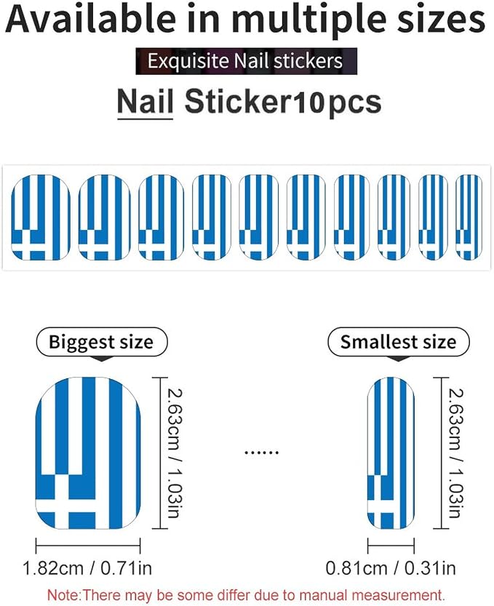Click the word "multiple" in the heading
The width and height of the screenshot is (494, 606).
pos(308,20)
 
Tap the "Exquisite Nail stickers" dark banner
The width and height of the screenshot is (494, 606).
pos(246,61)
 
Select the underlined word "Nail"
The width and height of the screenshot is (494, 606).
pos(146,102)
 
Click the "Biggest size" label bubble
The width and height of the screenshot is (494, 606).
pos(101,342)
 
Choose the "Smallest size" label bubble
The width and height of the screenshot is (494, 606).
pos(399,342)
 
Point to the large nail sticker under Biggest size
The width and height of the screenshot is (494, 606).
pos(88,453)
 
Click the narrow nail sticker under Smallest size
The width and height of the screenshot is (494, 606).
pos(391,453)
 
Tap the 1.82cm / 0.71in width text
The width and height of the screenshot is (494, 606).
pos(87,568)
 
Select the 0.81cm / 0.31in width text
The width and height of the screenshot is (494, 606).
pos(391,568)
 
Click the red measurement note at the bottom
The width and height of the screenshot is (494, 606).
pos(246,594)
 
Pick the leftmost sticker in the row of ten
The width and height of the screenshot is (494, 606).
pos(41,218)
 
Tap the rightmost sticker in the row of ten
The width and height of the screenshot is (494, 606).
pos(469,218)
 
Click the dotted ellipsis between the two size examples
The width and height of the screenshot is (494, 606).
pos(262,452)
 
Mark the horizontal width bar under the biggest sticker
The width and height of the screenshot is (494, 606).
pos(88,546)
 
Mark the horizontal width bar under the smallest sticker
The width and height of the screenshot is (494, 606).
pos(391,546)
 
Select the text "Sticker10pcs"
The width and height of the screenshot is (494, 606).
pos(283,103)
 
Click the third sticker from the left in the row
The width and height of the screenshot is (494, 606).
pos(161,218)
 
